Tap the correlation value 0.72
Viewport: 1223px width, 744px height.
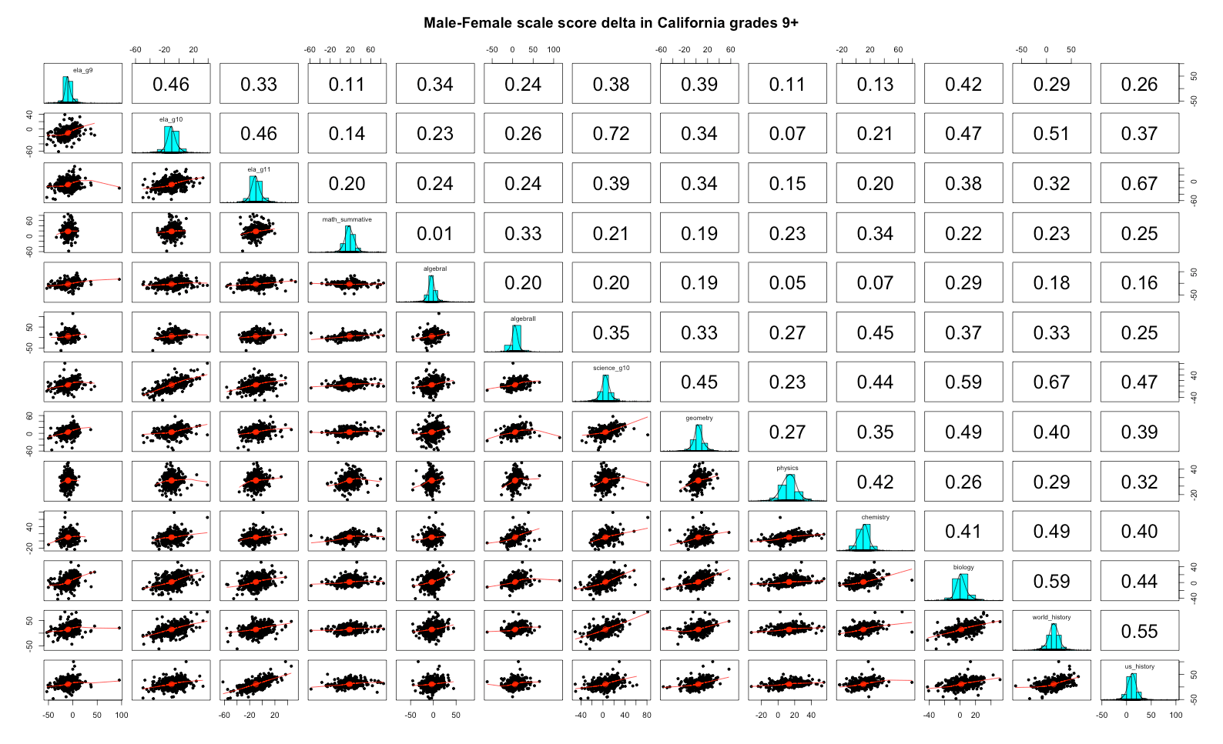(611, 134)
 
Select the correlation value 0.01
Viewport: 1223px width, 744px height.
(435, 233)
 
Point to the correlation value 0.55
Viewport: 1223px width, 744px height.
(1140, 631)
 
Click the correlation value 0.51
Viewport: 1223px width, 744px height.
(1051, 134)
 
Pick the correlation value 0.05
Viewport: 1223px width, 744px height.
(787, 283)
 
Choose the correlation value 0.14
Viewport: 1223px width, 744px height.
(347, 134)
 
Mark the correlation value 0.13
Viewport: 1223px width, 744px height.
(875, 85)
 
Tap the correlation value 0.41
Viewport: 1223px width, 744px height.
(963, 532)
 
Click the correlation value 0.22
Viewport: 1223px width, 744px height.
(963, 233)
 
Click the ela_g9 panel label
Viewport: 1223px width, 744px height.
(83, 70)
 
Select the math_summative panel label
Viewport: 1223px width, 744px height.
(347, 219)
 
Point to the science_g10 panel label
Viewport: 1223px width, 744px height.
(611, 369)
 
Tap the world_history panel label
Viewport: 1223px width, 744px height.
(1051, 617)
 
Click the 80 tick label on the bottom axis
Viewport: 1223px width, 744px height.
(647, 715)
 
